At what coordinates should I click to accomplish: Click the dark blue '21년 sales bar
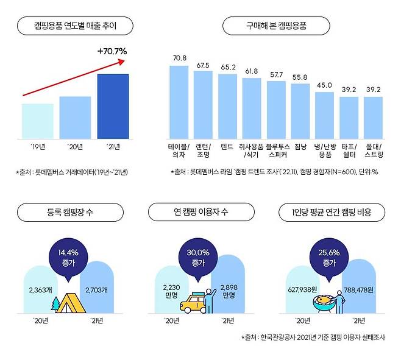coord(113,106)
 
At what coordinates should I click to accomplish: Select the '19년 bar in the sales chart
coord(37,121)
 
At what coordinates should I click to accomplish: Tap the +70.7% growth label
coord(112,52)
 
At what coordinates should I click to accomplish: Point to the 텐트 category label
coord(227,147)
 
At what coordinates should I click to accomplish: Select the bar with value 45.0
coord(324,115)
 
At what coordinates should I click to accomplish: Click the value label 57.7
coord(276,74)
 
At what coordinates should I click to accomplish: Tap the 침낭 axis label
coord(300,147)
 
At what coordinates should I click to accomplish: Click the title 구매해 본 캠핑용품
coord(276,26)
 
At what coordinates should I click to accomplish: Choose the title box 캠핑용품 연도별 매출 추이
coord(75,26)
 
